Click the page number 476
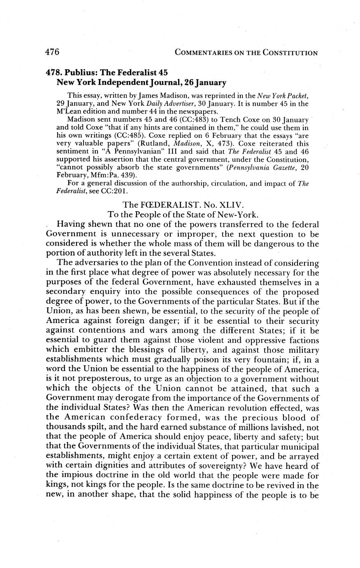coord(52,52)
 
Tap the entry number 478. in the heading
coord(55,72)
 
